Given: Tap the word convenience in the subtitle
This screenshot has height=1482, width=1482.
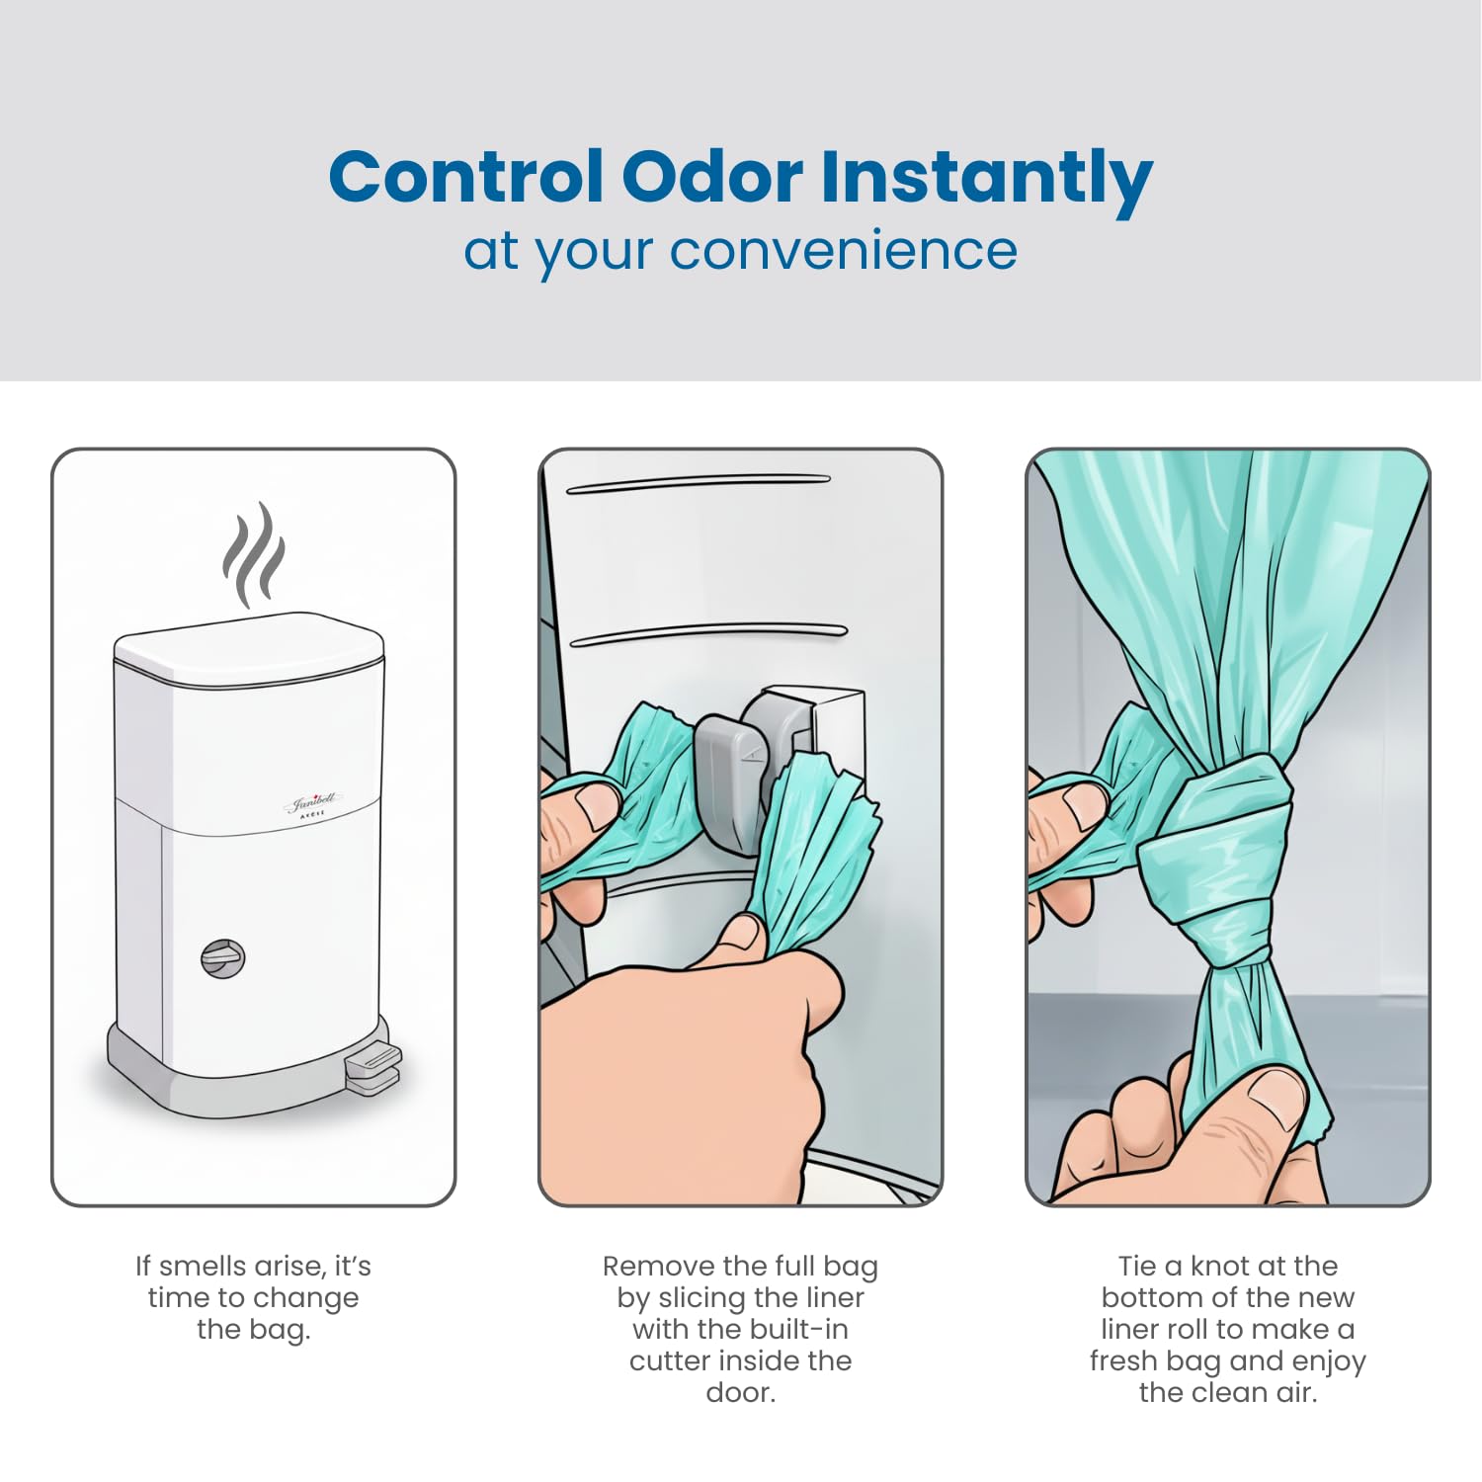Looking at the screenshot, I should pos(843,251).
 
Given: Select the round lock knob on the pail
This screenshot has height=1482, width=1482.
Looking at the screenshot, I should pos(223,958).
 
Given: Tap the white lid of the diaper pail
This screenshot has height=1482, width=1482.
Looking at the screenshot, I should pos(248,647).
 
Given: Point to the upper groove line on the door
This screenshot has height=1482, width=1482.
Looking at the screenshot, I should pos(699,482).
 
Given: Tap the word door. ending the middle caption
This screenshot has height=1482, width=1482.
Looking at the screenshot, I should pos(741,1393).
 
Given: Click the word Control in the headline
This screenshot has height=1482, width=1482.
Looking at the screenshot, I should pos(465,177).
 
